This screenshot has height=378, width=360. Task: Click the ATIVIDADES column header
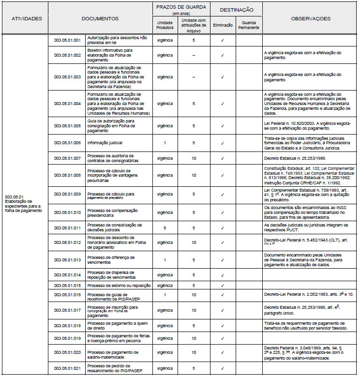27,18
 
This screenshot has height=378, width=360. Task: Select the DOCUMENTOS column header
100,18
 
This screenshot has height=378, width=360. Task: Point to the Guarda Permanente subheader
249,25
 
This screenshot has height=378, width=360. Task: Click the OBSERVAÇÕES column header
311,18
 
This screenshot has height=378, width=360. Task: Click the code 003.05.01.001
67,40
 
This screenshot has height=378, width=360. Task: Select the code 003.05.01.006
67,143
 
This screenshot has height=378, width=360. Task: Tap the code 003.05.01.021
67,368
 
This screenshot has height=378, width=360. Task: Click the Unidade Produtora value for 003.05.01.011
165,227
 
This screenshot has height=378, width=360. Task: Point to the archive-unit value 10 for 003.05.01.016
194,294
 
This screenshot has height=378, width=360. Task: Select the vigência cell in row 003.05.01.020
165,352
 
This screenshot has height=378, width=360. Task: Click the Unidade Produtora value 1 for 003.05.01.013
165,260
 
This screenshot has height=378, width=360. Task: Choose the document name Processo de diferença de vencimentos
111,260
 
